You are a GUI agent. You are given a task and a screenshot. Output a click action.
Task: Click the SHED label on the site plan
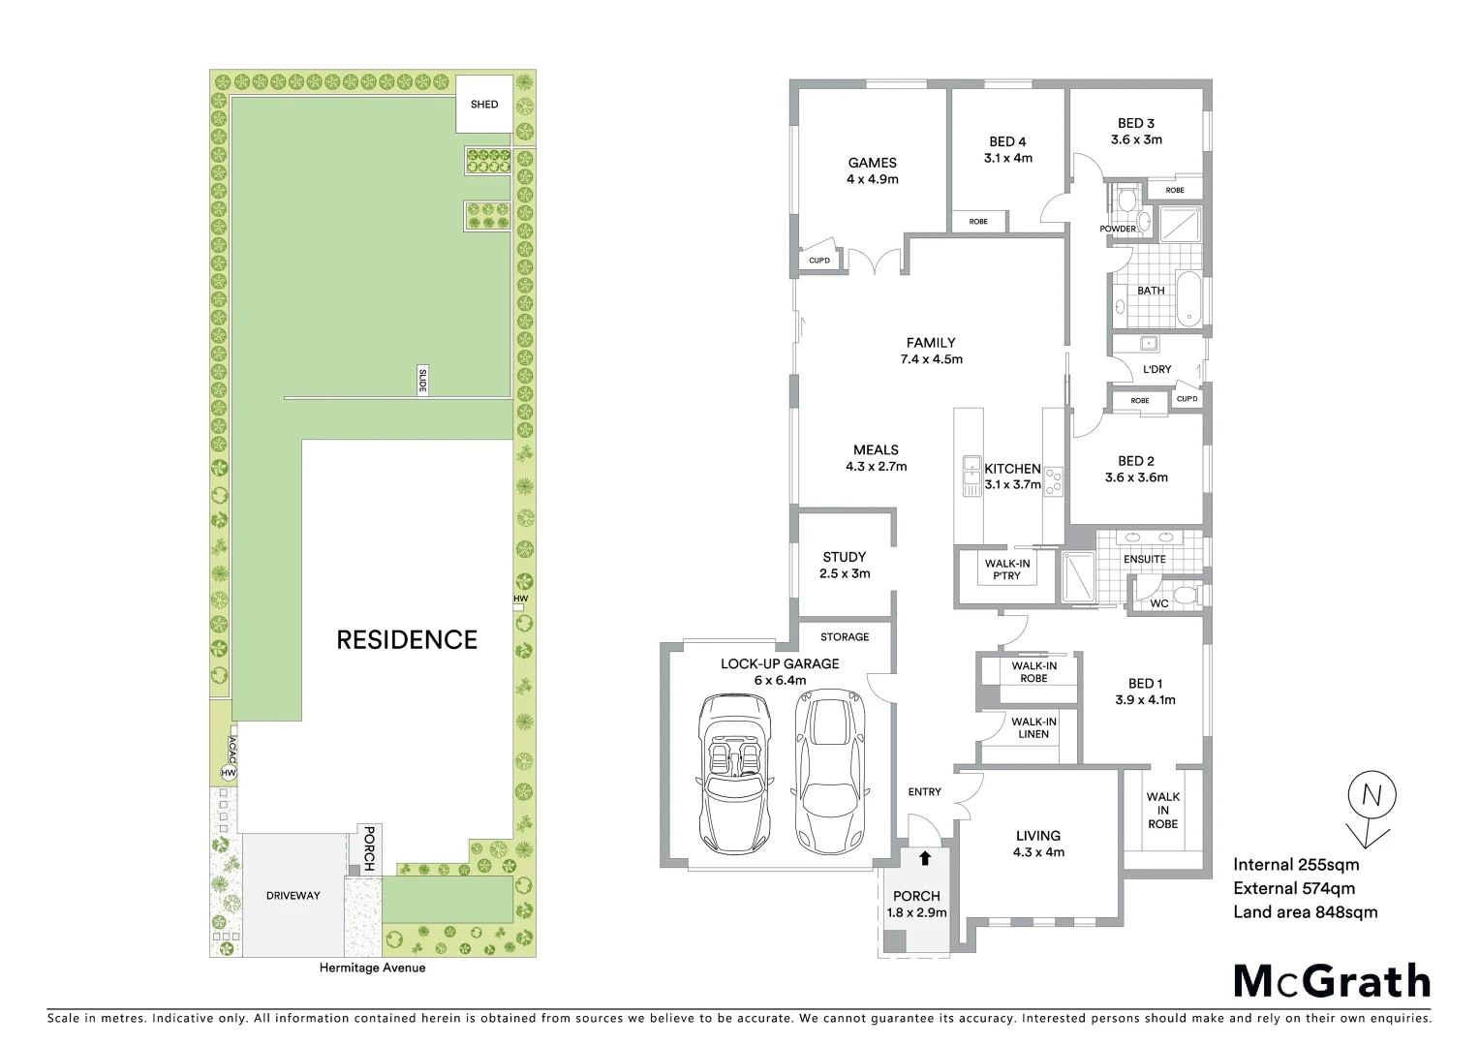coord(484,105)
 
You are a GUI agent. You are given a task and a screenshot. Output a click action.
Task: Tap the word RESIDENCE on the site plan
coord(407,639)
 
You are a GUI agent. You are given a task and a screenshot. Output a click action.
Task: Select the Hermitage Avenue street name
coord(373,968)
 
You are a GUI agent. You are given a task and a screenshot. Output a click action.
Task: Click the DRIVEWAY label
coord(293,896)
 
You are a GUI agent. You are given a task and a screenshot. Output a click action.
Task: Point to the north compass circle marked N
coord(1372,796)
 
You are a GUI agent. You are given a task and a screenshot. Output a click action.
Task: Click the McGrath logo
coord(1332,981)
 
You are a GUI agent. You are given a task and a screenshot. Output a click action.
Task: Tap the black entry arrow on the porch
coord(925,857)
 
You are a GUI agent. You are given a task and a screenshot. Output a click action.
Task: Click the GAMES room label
coord(872,163)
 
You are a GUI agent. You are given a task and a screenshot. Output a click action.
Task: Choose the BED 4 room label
coord(1007,142)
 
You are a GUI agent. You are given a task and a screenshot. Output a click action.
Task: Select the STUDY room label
coord(844,557)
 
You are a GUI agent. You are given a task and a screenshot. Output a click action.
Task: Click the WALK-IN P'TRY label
coord(1006,569)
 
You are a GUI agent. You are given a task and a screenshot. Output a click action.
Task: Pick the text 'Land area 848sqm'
coord(1305,911)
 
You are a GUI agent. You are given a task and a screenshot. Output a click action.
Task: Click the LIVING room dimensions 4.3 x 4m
coord(1037,852)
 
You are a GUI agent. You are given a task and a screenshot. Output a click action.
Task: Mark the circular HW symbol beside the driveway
coord(229,773)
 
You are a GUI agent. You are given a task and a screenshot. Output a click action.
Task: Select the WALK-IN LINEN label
coord(1033,727)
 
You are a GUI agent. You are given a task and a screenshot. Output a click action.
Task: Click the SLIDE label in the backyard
coord(422,381)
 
